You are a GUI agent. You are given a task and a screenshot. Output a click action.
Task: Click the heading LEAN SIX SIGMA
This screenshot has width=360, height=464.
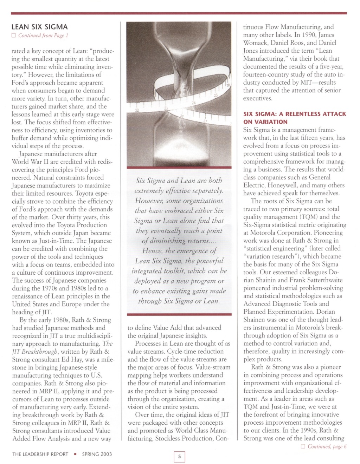point(40,27)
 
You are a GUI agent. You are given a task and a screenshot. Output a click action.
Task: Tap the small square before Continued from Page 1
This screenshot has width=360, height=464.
point(14,35)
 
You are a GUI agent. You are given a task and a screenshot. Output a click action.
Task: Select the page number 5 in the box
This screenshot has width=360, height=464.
point(179,457)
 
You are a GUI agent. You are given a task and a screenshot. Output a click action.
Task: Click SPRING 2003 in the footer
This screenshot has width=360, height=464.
point(97,454)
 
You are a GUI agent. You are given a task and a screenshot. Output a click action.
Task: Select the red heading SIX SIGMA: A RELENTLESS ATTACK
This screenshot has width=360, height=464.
point(295,114)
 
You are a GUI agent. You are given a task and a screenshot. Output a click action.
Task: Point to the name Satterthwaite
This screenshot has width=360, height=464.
point(321,280)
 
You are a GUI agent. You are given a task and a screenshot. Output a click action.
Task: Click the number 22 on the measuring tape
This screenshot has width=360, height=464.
point(137,110)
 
